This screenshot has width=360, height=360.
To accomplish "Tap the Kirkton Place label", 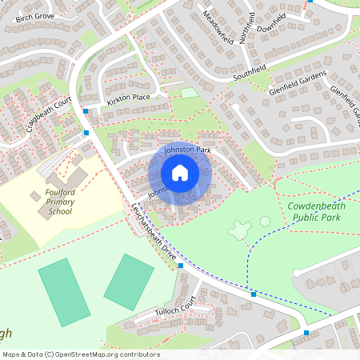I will (128, 98).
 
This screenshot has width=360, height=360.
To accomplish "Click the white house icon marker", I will (180, 173).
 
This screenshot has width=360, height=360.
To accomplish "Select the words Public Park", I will (316, 217).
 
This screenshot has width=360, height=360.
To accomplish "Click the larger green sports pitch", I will (64, 292).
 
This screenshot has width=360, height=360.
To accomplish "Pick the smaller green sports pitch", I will (128, 281).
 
